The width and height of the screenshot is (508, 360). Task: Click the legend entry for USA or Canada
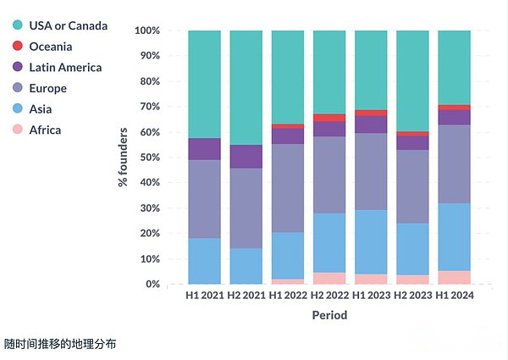tap(68, 25)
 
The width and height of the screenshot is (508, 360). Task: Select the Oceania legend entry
tap(50, 47)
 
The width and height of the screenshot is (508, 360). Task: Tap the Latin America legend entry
tap(64, 67)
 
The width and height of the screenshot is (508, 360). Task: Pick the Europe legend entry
tap(47, 88)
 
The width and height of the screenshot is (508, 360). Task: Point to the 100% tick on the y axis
tap(147, 30)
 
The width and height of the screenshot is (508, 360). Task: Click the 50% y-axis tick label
tap(150, 158)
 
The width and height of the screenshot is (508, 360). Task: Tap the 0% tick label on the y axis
tap(153, 285)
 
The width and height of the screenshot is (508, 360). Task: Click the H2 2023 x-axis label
tap(412, 296)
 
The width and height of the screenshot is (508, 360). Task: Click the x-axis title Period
tap(329, 315)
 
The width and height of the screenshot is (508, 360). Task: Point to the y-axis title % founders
tap(124, 158)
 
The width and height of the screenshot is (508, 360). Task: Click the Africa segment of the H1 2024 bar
tap(455, 277)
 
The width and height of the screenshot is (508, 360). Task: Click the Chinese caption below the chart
tap(59, 344)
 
